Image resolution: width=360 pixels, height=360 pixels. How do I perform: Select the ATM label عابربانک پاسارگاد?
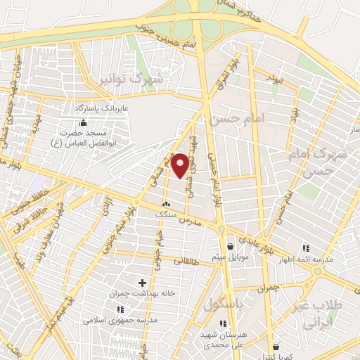point(103,109)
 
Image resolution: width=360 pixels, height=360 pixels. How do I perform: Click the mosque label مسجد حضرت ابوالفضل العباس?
point(83,138)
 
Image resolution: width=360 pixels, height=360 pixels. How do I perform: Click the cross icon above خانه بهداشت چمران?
point(142,282)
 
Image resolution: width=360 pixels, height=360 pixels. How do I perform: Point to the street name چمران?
point(269,288)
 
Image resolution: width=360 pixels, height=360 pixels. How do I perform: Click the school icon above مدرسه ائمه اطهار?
point(306,248)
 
